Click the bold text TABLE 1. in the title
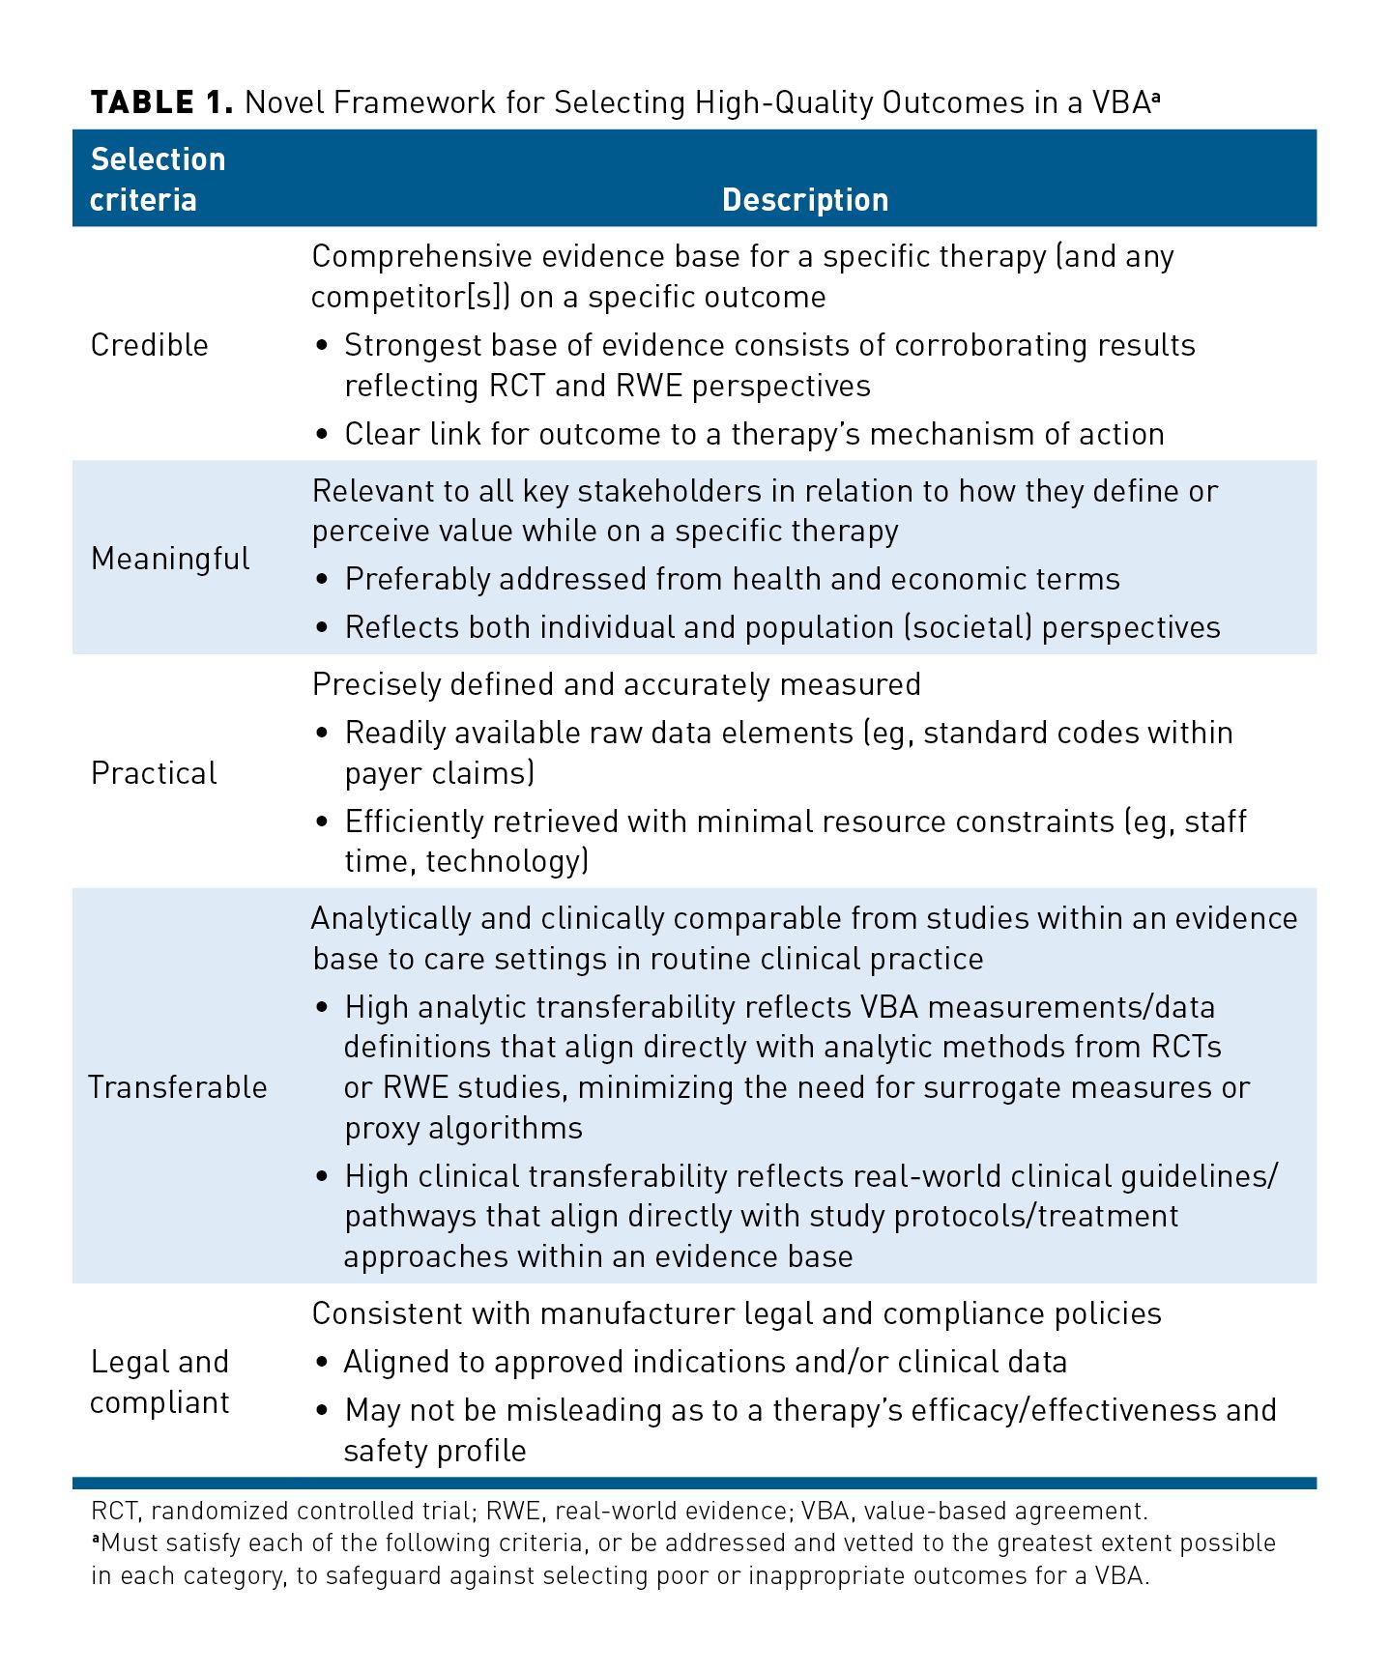coord(161,102)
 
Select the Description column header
coord(804,199)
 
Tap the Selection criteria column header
coord(158,179)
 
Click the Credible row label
coord(150,345)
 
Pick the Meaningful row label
coord(170,559)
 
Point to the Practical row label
coord(154,773)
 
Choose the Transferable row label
coord(178,1087)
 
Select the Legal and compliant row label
coord(159,1382)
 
